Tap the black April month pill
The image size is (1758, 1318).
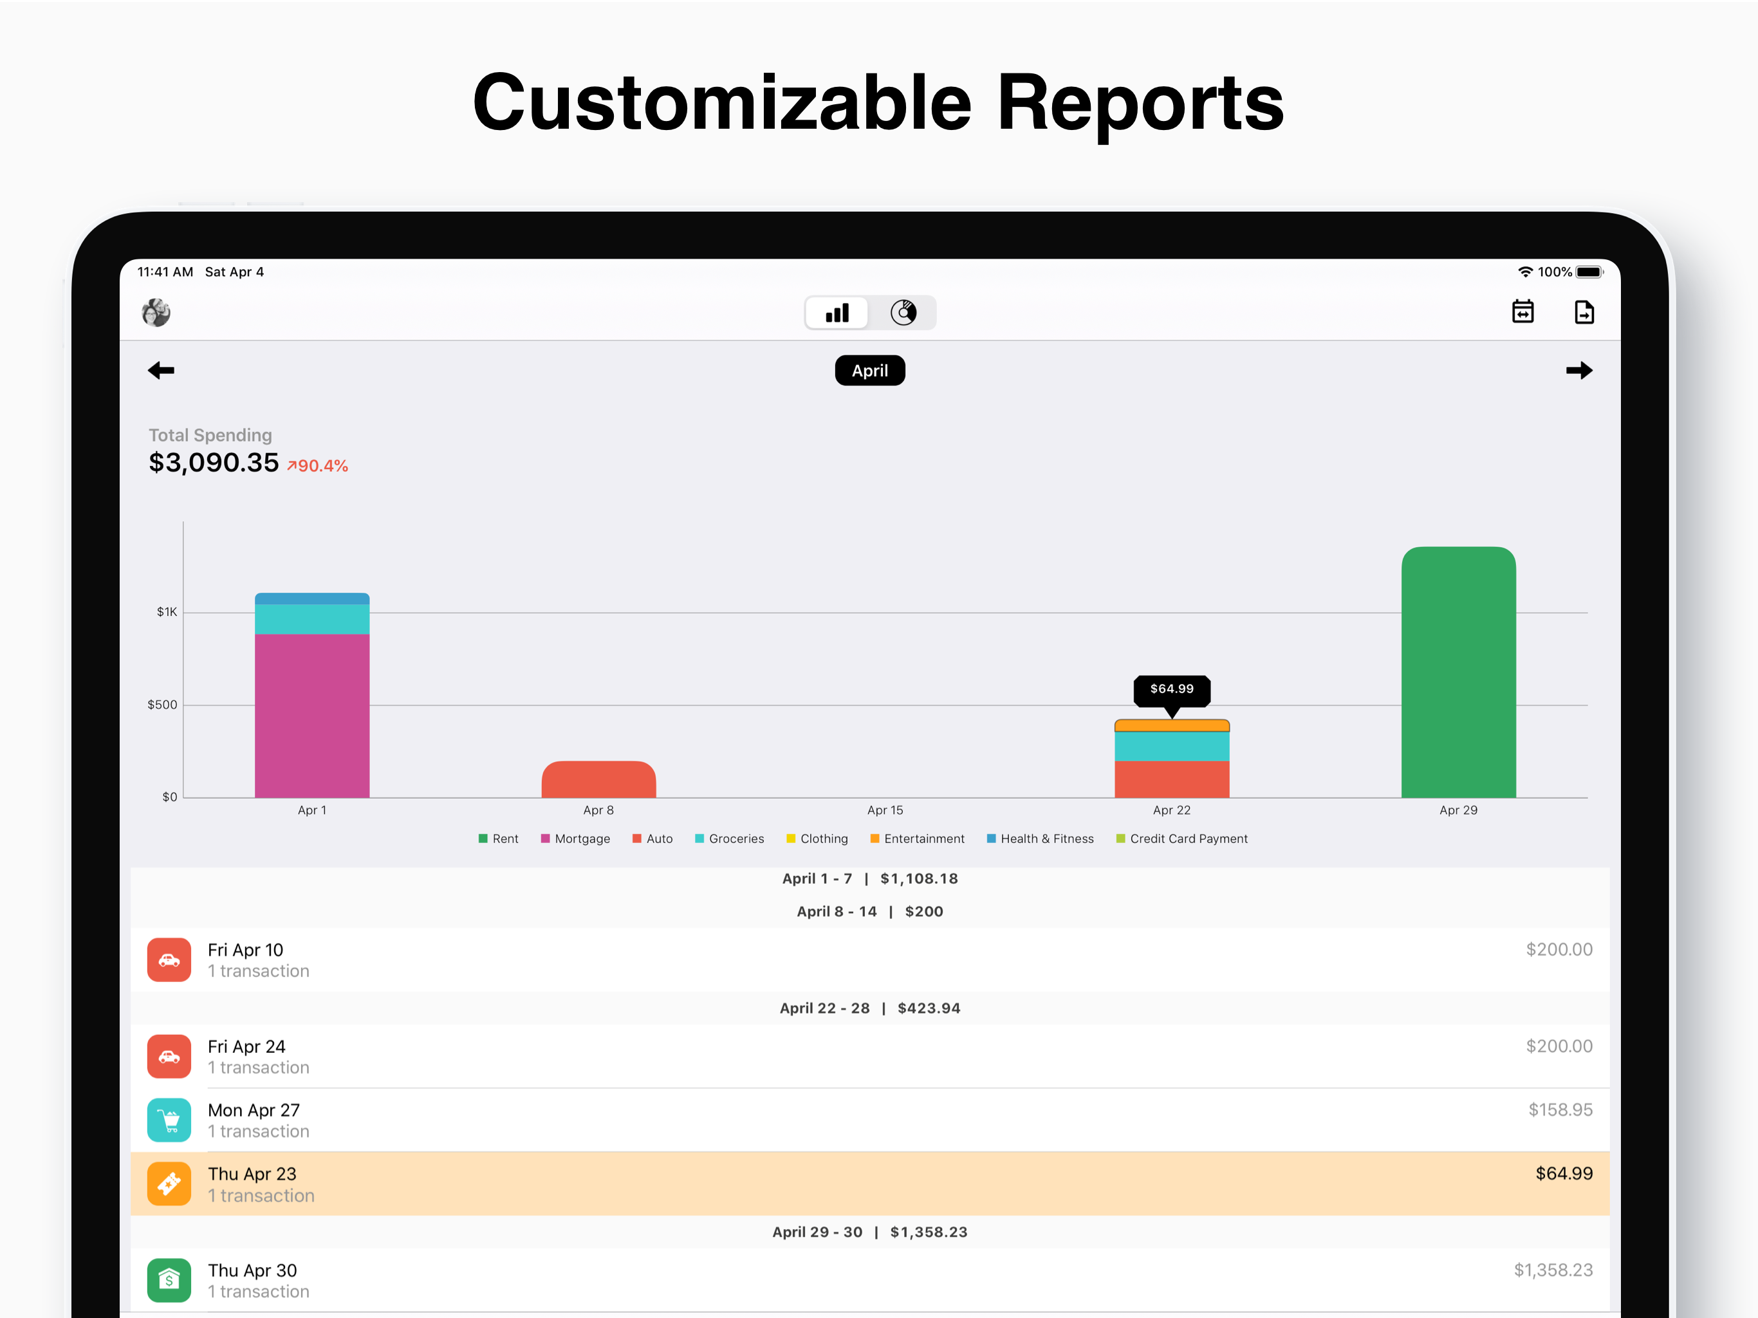[x=869, y=371]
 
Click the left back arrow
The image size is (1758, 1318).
[x=162, y=371]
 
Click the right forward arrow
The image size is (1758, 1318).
[x=1578, y=371]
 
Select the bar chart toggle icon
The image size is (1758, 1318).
[x=837, y=312]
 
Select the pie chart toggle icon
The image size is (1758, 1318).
[x=903, y=312]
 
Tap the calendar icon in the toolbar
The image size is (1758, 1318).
[x=1522, y=311]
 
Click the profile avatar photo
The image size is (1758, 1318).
[x=156, y=312]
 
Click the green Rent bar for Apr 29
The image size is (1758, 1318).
[x=1457, y=676]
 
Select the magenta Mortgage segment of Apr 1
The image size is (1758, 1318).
[x=311, y=716]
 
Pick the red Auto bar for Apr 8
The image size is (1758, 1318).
[x=598, y=780]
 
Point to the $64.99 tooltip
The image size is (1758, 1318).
[x=1172, y=689]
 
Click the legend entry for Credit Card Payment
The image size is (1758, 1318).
[x=1182, y=839]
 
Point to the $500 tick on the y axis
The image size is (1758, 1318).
[x=162, y=705]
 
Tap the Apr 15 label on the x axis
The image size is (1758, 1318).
[x=885, y=810]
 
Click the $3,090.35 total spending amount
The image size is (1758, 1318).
[x=214, y=463]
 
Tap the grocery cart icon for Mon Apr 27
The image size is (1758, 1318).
[x=169, y=1120]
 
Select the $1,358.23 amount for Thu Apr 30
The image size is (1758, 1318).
[x=1552, y=1270]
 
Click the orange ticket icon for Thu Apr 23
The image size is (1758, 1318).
[x=169, y=1183]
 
